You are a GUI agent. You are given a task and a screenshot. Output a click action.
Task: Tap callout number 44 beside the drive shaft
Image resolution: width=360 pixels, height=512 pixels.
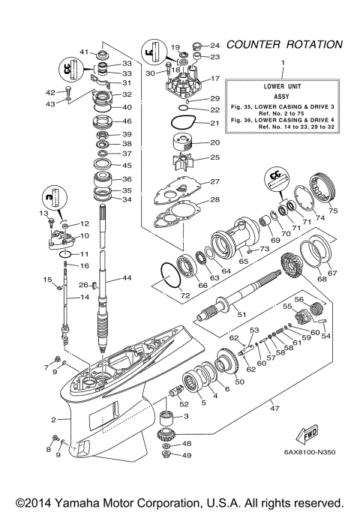[x=127, y=278]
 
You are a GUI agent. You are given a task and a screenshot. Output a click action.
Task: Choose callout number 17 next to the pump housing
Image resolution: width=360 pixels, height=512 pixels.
[x=214, y=79]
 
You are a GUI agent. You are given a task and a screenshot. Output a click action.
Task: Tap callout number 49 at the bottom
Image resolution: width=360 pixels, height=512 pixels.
[x=187, y=455]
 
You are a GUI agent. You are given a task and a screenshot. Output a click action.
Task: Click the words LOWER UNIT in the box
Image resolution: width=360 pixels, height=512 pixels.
[x=283, y=85]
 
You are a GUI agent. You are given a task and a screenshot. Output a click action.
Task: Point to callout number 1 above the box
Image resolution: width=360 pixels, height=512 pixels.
[x=283, y=61]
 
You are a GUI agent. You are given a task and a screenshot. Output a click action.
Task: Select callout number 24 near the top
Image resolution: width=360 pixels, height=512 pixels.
[x=214, y=44]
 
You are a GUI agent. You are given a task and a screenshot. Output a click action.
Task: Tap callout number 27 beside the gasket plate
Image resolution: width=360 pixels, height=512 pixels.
[x=214, y=182]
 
